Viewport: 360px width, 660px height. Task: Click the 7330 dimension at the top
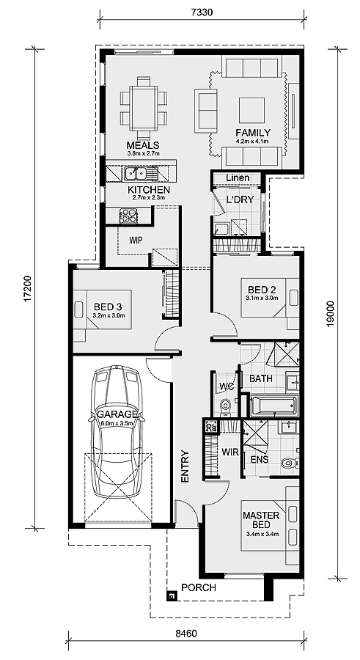202,12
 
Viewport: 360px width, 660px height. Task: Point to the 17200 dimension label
27,289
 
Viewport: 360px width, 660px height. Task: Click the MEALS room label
143,145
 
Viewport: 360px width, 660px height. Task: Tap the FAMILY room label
253,133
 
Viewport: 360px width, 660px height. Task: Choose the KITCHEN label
149,190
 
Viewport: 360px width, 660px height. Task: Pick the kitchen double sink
135,173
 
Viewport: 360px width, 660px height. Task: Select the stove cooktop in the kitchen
129,216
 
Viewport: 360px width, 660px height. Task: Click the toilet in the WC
226,407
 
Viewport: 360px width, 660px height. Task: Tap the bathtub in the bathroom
273,405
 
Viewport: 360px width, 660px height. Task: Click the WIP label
136,241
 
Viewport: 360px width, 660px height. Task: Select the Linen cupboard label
238,178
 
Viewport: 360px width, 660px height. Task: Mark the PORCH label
198,587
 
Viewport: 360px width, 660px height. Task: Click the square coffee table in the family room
251,110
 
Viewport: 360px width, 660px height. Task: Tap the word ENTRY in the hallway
185,466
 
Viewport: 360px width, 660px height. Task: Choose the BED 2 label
262,290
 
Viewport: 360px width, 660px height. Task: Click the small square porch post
171,596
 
